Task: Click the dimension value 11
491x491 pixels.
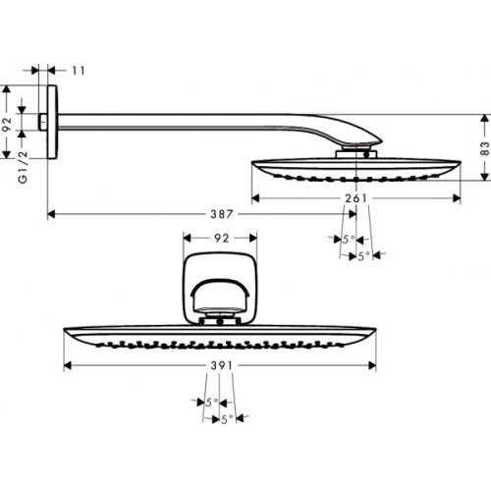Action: tap(79, 71)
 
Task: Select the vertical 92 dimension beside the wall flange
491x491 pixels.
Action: tap(7, 125)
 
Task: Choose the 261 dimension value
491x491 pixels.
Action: tap(355, 199)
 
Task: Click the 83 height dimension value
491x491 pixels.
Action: tap(484, 148)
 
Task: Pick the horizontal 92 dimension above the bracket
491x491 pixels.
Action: tap(221, 237)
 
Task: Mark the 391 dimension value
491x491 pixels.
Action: tap(223, 365)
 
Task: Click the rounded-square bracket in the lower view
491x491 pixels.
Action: tap(221, 285)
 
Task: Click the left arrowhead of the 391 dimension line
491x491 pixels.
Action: tap(67, 365)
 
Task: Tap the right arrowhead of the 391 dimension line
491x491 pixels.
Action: tap(375, 365)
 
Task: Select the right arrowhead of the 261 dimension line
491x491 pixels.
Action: tap(458, 199)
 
